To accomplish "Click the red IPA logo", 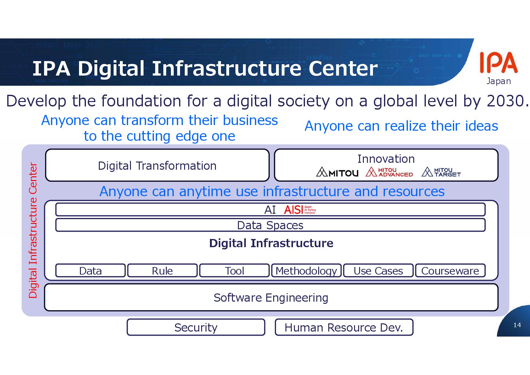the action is point(498,63).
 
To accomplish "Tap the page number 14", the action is point(517,325).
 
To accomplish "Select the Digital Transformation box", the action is point(157,166).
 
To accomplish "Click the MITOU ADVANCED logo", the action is point(389,172).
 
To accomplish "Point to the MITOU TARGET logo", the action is point(441,172).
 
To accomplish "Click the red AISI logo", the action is point(299,210).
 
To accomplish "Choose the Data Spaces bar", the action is point(270,225).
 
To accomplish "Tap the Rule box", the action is point(162,271).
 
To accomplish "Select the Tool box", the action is point(234,271).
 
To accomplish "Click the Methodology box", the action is point(306,271).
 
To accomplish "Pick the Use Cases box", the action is point(378,271).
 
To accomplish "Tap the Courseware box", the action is point(450,271).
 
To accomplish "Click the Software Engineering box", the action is point(271,298).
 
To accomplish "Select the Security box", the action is point(196,327).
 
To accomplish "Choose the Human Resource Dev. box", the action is point(344,327).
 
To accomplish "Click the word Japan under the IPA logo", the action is point(499,81).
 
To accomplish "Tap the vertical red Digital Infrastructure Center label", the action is point(33,230).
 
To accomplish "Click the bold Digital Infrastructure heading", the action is point(271,243).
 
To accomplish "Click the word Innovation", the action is point(386,159).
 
